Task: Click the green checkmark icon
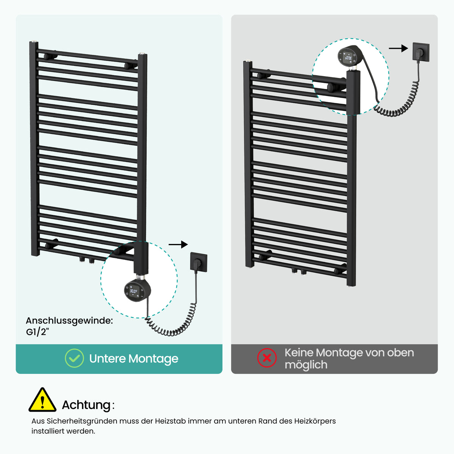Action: pyautogui.click(x=74, y=358)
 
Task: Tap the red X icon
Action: pyautogui.click(x=267, y=358)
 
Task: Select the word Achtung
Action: pyautogui.click(x=86, y=405)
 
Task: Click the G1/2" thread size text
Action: pyautogui.click(x=37, y=332)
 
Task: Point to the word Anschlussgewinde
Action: pyautogui.click(x=69, y=321)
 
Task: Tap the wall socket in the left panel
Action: pyautogui.click(x=199, y=262)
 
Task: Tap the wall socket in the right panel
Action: pyautogui.click(x=421, y=52)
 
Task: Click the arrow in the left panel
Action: pyautogui.click(x=178, y=244)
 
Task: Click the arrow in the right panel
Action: pyautogui.click(x=398, y=48)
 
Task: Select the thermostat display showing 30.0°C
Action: pyautogui.click(x=134, y=291)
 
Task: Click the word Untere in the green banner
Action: pyautogui.click(x=107, y=359)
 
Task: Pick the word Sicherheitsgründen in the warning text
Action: pyautogui.click(x=82, y=421)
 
